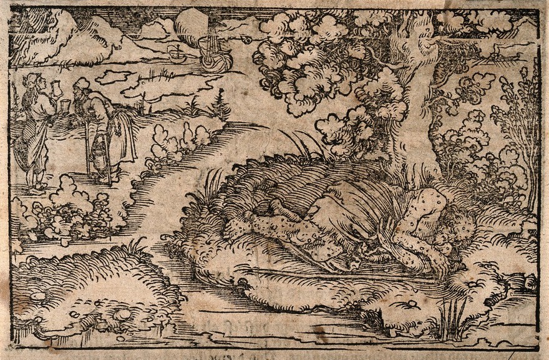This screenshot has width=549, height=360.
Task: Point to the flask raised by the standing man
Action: (54, 87)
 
